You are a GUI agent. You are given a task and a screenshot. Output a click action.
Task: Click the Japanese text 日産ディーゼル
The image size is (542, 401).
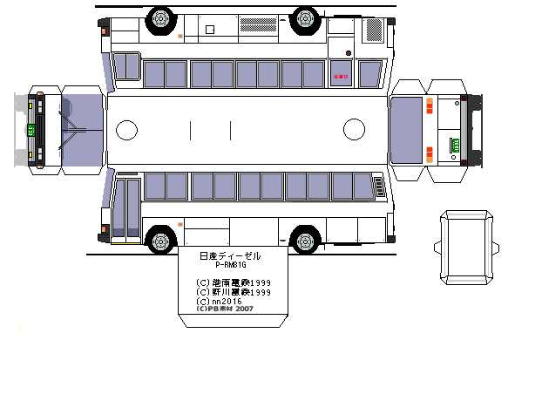pyautogui.click(x=230, y=255)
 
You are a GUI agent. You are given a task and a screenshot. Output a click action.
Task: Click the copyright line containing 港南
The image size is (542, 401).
pyautogui.click(x=234, y=282)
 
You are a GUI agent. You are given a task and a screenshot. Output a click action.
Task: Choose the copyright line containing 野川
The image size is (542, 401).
pyautogui.click(x=234, y=291)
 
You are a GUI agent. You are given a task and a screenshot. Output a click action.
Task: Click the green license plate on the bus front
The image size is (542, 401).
pyautogui.click(x=31, y=130)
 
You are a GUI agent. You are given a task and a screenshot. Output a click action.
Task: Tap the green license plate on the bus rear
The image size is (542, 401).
pyautogui.click(x=454, y=145)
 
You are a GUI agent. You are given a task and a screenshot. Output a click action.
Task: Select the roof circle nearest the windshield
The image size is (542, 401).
pyautogui.click(x=126, y=131)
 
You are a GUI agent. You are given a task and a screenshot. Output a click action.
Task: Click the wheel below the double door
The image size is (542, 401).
pyautogui.click(x=160, y=238)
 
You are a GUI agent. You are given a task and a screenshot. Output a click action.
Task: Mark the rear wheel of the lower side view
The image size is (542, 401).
pyautogui.click(x=305, y=238)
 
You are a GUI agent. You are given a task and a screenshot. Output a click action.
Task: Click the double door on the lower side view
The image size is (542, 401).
pyautogui.click(x=127, y=208)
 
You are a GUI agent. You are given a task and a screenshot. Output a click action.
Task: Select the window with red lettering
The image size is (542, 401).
pyautogui.click(x=341, y=74)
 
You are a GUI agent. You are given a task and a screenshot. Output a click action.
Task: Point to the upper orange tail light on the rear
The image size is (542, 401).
pyautogui.click(x=431, y=104)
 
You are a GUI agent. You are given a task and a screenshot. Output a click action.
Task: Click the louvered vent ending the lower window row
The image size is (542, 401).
pyautogui.click(x=379, y=187)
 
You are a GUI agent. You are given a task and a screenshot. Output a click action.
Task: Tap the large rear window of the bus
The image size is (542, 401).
pyautogui.click(x=405, y=131)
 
